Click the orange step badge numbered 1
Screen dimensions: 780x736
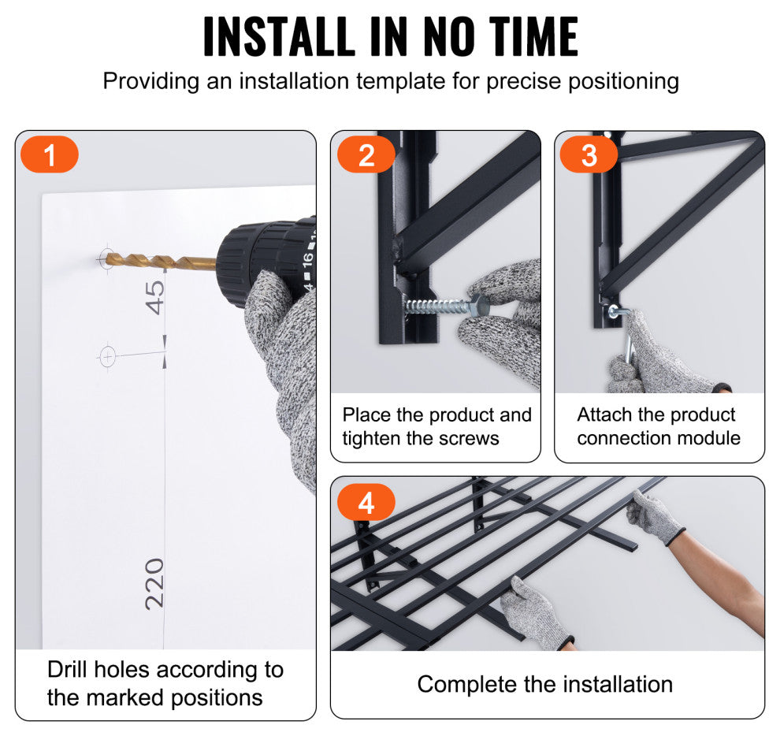coord(50,154)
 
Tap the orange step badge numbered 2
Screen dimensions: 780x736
coord(366,154)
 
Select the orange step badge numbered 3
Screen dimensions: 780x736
coord(589,154)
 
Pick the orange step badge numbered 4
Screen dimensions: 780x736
coord(366,502)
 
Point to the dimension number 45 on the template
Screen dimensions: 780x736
coord(154,297)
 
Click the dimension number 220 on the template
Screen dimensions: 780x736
coord(154,584)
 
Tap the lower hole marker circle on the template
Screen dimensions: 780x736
coord(107,357)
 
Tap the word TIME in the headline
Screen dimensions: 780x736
coord(533,35)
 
